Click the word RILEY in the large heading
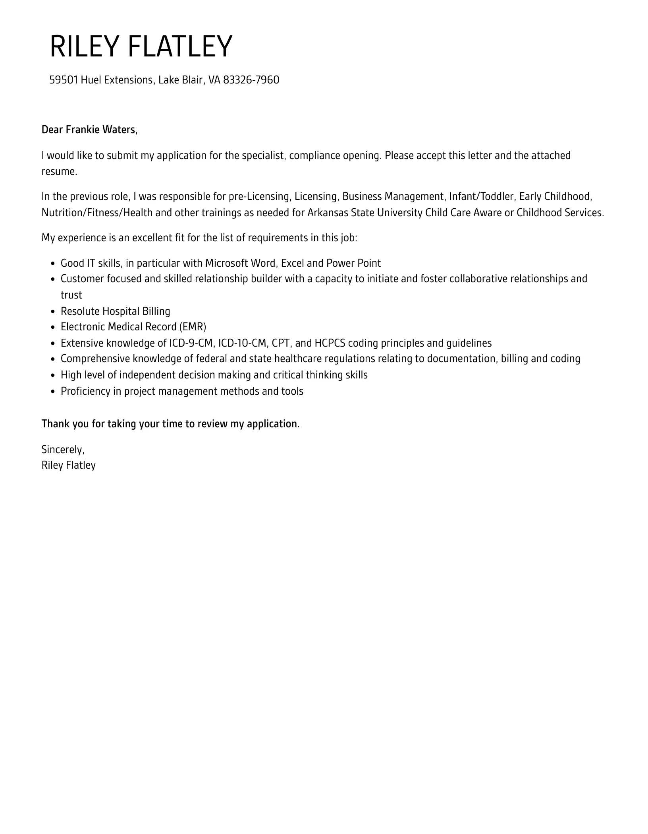84,47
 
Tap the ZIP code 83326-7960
251,80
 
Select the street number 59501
64,80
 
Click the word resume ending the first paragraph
58,171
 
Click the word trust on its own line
71,295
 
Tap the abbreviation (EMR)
193,327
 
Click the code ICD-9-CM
191,343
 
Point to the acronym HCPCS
330,343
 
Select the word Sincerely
63,450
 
